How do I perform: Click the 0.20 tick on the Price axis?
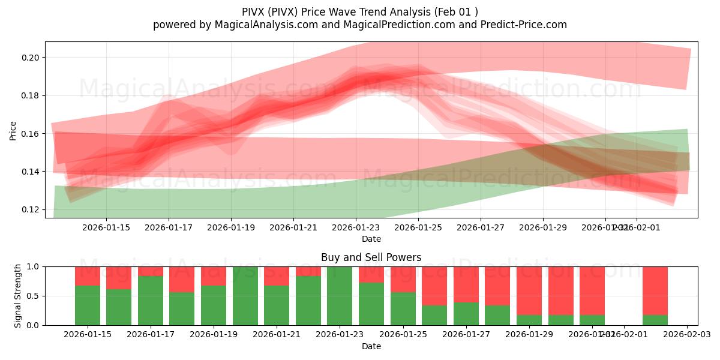[31, 58]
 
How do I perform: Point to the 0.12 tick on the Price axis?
[31, 209]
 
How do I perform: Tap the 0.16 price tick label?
[31, 134]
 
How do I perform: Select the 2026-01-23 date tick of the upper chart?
[356, 228]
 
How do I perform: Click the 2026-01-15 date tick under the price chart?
[106, 228]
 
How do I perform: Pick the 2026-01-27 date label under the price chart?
[481, 228]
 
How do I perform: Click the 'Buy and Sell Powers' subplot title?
[371, 257]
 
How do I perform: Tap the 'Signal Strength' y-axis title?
[19, 296]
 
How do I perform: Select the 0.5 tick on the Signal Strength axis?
[34, 296]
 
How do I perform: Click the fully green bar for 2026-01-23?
[340, 296]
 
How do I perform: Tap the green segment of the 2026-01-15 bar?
[88, 306]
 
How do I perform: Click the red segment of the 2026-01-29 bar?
[529, 290]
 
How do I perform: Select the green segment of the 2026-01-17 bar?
[151, 301]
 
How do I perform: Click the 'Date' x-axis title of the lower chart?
[371, 346]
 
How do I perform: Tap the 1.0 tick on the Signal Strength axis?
[34, 266]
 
